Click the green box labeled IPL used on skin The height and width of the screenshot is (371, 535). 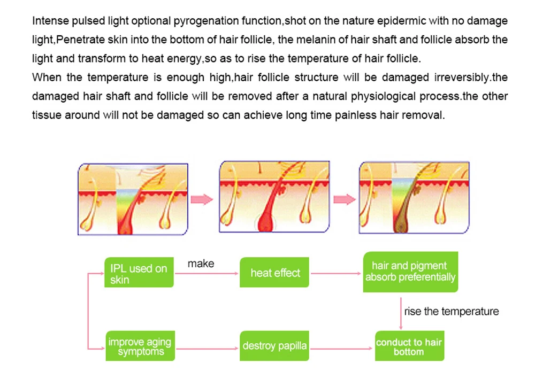click(139, 274)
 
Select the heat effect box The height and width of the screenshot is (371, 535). click(275, 273)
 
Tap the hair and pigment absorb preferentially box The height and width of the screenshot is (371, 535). click(410, 272)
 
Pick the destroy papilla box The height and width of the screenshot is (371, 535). click(274, 346)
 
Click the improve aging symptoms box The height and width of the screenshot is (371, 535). click(139, 346)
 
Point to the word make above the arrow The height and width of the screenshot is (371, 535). click(201, 264)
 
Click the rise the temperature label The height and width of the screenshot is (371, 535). click(451, 312)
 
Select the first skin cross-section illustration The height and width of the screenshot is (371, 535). click(133, 199)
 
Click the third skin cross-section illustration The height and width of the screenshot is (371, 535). click(414, 198)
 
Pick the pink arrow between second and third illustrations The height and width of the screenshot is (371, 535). click(343, 199)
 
